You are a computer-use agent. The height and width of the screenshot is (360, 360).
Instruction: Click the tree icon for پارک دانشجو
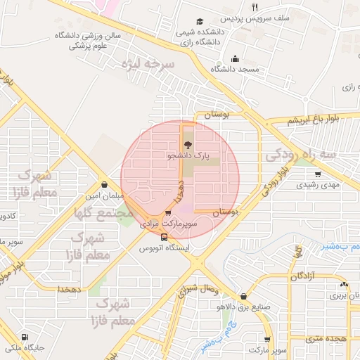[186, 145]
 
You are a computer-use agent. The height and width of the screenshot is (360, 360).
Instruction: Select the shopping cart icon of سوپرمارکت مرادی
[168, 214]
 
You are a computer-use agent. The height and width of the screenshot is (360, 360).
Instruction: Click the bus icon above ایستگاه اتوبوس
[164, 238]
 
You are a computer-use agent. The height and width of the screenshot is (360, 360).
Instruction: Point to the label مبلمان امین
[103, 195]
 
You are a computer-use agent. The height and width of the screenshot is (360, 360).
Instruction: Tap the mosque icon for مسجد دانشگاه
[234, 60]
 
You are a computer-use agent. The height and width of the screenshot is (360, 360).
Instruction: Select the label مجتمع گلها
[103, 212]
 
